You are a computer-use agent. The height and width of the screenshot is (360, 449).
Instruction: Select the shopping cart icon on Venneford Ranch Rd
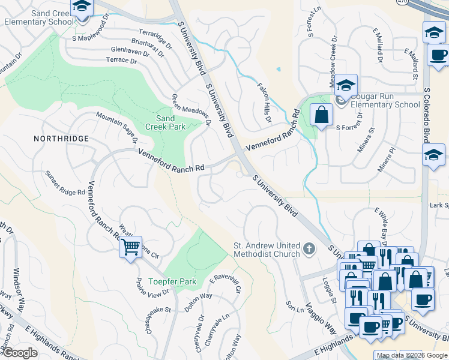click(x=130, y=247)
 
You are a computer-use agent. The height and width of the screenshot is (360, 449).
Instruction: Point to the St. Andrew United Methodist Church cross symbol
click(x=309, y=248)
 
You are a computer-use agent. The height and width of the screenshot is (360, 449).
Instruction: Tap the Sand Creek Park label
click(x=161, y=122)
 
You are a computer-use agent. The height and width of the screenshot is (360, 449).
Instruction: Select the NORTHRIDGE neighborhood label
click(x=61, y=139)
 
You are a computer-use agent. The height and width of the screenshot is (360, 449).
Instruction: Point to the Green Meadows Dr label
click(x=192, y=110)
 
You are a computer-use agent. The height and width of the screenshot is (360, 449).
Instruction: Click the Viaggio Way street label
click(x=322, y=317)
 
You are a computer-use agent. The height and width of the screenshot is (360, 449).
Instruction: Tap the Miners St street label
click(x=366, y=139)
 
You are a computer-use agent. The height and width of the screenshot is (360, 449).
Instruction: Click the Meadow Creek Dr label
click(x=334, y=61)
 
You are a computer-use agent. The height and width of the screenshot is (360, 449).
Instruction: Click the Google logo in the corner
click(x=19, y=353)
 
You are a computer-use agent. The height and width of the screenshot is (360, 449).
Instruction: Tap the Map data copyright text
click(x=399, y=355)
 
